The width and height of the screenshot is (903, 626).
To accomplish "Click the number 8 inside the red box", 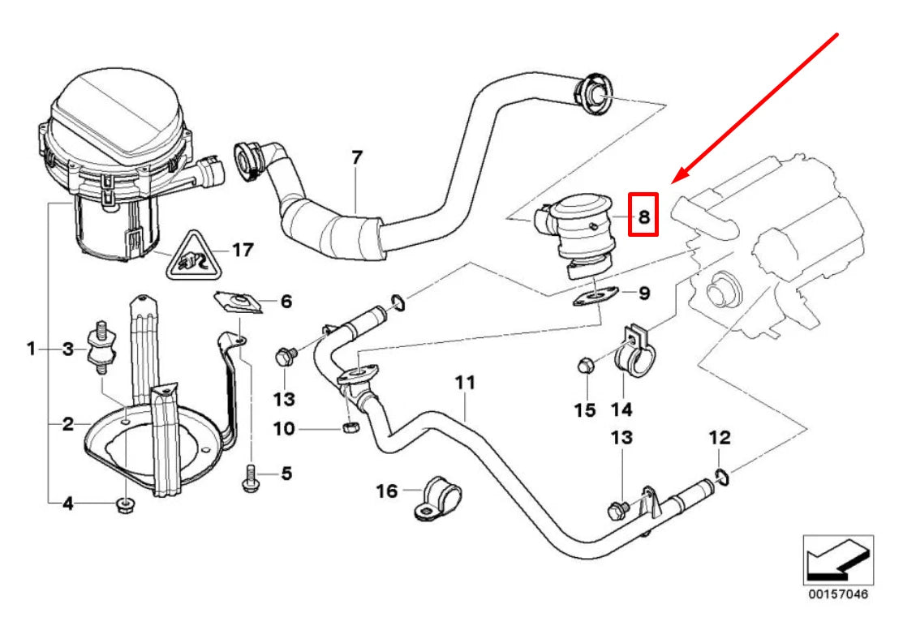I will (x=643, y=216).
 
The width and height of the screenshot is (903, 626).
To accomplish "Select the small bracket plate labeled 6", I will (x=238, y=302).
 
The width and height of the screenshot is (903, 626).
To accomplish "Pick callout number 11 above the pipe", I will (x=463, y=382).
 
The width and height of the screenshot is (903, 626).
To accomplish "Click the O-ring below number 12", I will (x=724, y=475).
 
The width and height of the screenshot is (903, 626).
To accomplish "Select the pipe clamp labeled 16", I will (x=435, y=497).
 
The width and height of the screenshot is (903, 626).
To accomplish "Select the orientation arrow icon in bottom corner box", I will (x=837, y=560).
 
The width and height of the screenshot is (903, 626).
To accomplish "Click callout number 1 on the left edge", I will (x=31, y=349).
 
